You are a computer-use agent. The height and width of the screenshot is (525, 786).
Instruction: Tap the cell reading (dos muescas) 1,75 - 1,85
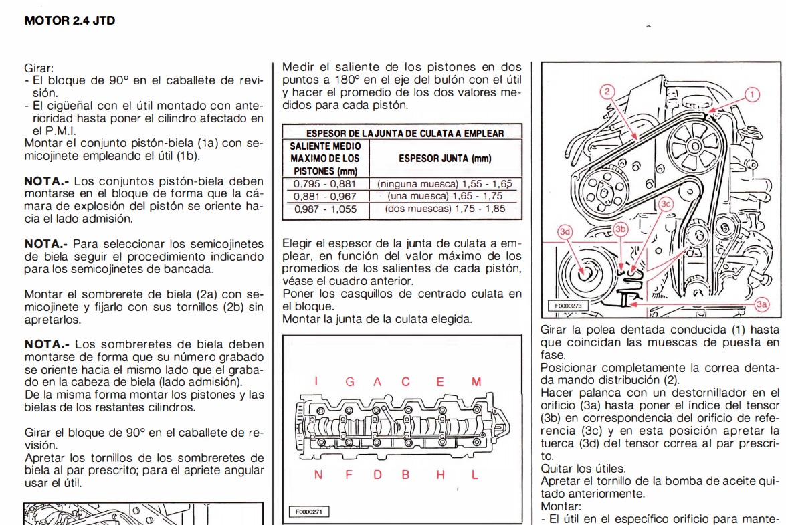click(445, 209)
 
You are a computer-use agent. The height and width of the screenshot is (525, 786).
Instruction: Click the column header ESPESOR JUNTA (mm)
click(445, 159)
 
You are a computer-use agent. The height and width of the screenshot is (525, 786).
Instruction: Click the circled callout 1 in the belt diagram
click(753, 94)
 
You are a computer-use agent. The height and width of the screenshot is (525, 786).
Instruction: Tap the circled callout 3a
click(762, 304)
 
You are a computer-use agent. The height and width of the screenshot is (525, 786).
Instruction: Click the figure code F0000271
click(308, 512)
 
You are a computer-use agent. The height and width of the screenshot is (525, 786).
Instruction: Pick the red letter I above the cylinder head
click(316, 382)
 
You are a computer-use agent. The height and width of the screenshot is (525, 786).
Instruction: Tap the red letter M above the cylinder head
click(476, 382)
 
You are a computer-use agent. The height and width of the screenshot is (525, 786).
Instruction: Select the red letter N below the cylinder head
click(318, 475)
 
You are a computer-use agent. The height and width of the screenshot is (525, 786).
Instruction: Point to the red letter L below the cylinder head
click(475, 475)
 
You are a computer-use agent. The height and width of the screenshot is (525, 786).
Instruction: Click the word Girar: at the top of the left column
click(39, 68)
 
